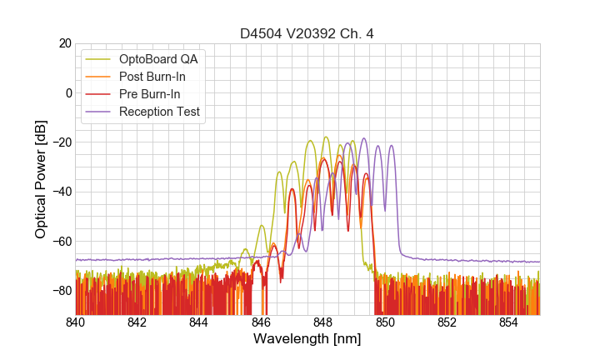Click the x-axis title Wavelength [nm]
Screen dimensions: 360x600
307,340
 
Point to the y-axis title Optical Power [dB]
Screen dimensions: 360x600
40,179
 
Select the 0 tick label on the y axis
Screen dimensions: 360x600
68,92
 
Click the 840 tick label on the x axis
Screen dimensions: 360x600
76,322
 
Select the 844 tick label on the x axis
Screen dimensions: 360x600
199,322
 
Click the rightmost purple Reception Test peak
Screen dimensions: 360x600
391,146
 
